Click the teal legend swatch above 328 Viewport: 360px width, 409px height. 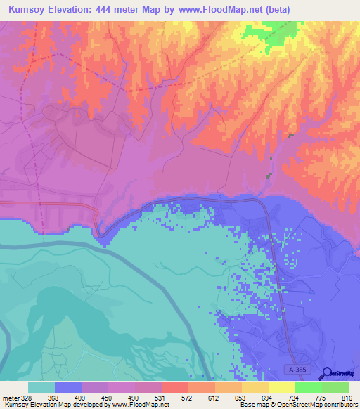[x=41, y=387]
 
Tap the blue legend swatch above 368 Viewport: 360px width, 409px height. [x=68, y=387]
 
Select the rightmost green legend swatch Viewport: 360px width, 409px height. [x=335, y=387]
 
